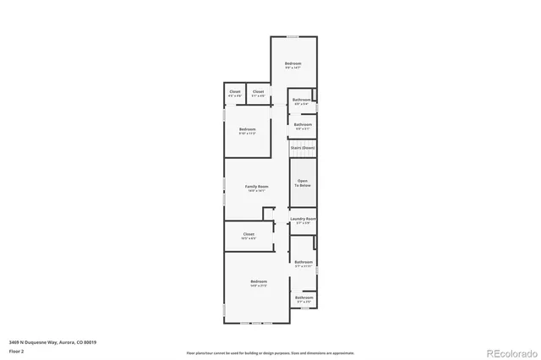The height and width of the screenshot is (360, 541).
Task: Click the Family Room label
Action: click(257, 186)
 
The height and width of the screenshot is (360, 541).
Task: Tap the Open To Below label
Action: click(303, 181)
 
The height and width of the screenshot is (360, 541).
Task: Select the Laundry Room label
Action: click(303, 220)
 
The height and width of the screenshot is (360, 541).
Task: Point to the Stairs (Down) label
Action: click(303, 148)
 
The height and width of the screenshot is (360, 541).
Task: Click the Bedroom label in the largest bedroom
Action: click(258, 281)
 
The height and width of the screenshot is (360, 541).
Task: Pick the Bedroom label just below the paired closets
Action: click(247, 129)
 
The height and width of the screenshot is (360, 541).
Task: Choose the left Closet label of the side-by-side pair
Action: click(235, 91)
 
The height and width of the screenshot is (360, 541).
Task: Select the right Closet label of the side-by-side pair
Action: click(258, 91)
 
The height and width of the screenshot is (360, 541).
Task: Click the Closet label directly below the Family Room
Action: click(249, 234)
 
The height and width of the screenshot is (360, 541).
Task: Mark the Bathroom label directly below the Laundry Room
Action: click(303, 262)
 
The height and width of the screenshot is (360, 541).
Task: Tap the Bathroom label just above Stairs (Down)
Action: click(303, 125)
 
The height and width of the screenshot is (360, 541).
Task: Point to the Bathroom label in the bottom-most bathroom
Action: click(303, 297)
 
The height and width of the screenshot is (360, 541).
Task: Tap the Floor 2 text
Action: click(15, 351)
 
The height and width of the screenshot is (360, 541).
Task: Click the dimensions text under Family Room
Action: click(257, 191)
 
